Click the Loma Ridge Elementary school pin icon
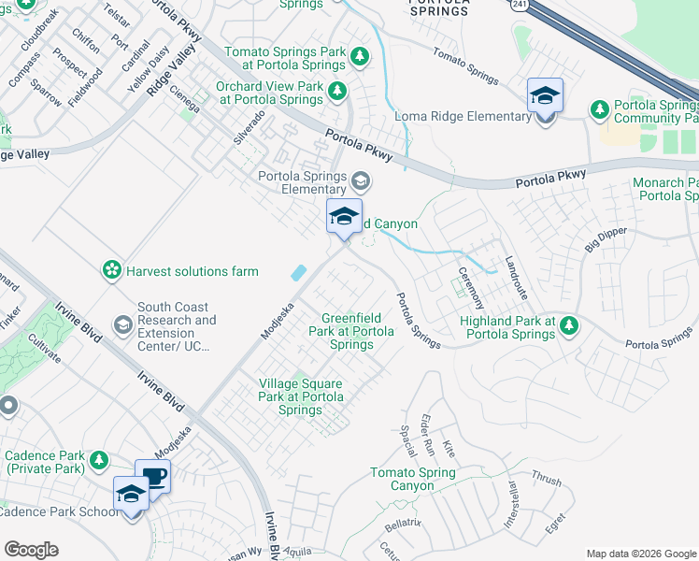[545, 96]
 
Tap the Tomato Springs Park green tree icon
[360, 58]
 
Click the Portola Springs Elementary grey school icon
[360, 180]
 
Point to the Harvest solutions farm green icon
[112, 271]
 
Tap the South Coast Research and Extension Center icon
[122, 324]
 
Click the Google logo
[31, 550]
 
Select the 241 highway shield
[516, 6]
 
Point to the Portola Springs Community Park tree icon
[599, 110]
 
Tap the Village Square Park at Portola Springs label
[300, 396]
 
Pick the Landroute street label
[517, 277]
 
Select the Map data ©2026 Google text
[641, 554]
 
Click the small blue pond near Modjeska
[299, 273]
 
